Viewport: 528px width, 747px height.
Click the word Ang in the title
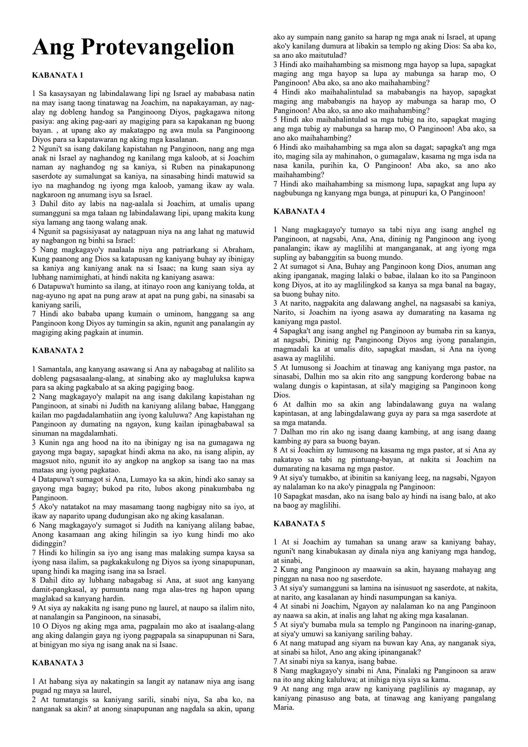coord(54,47)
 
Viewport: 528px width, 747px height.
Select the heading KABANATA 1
coord(58,75)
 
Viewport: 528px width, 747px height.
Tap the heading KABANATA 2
coord(58,351)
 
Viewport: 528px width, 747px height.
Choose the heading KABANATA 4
coord(299,211)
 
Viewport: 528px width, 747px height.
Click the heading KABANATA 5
coord(299,524)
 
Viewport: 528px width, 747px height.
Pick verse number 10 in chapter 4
coord(277,496)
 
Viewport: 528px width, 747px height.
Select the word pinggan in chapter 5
coord(285,579)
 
